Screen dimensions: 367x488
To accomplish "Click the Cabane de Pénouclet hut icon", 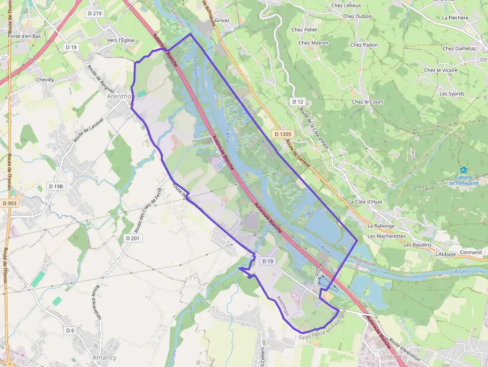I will (x=464, y=170).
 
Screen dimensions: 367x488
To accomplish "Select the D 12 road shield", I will (x=297, y=102).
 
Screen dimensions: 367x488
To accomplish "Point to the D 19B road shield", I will (x=56, y=186).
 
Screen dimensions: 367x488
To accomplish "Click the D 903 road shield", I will (x=9, y=203).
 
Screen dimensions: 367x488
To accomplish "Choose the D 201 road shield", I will (x=132, y=238).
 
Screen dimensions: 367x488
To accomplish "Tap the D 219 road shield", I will (x=94, y=13).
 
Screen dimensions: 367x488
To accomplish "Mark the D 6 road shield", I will (x=70, y=330).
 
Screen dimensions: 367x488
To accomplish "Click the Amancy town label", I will (x=105, y=358).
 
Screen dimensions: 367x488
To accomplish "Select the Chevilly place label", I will (x=45, y=80).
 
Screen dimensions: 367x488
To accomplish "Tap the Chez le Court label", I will (x=367, y=102).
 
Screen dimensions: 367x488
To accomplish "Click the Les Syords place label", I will (x=452, y=94).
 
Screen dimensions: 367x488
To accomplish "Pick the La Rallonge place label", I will (x=381, y=226).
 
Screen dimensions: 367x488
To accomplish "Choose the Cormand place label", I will (x=471, y=252).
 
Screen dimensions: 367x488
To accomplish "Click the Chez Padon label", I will (x=364, y=45).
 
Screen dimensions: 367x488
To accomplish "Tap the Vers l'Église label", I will (x=121, y=40).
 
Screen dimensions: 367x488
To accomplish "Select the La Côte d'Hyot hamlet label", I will (x=366, y=202).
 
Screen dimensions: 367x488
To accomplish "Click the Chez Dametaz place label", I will (x=459, y=49).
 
